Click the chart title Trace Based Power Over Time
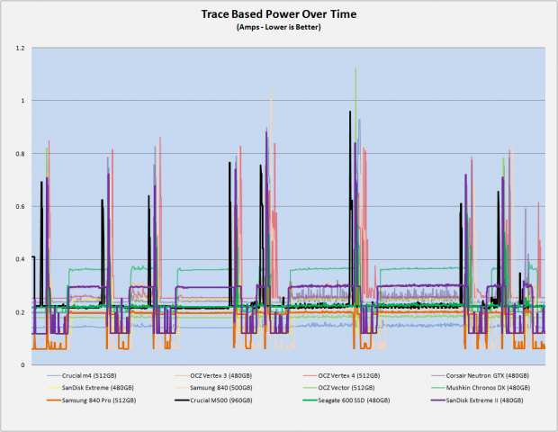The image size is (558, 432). click(279, 14)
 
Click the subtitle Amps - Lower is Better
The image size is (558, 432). click(279, 27)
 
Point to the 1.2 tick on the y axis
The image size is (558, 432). click(21, 48)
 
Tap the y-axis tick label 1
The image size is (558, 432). click(23, 101)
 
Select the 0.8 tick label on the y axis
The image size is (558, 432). click(21, 154)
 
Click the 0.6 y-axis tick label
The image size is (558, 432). click(21, 207)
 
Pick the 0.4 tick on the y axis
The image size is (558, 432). click(21, 259)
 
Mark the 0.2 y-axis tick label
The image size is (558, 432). click(21, 312)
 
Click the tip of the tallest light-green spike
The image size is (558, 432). click(355, 68)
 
